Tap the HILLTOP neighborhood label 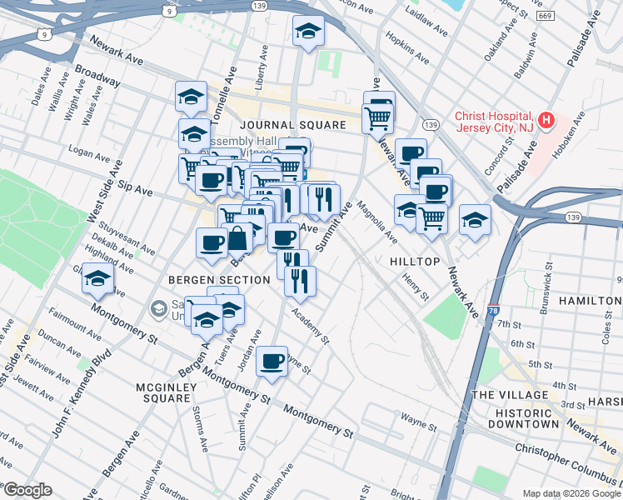tap(414, 262)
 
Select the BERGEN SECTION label tap(219, 280)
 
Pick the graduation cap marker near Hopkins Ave tap(309, 32)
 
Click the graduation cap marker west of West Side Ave tap(97, 279)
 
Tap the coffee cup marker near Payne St tap(272, 362)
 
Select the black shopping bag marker tap(237, 238)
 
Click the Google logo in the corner tap(27, 490)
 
